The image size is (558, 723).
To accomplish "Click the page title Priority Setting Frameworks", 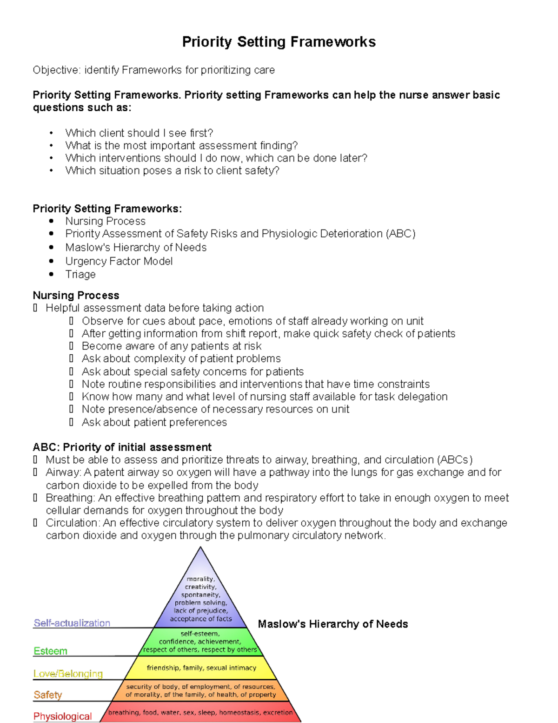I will (x=279, y=42).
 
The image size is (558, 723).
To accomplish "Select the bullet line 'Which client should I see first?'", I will (x=139, y=133).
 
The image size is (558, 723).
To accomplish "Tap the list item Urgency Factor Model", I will (x=119, y=261).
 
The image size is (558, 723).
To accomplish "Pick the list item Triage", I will (x=80, y=274).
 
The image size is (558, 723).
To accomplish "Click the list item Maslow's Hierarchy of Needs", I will (x=136, y=248).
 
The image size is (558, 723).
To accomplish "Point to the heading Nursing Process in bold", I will (x=76, y=296).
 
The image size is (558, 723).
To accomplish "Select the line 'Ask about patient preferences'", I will (x=154, y=422).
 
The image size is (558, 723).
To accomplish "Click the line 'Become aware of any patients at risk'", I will (x=171, y=346).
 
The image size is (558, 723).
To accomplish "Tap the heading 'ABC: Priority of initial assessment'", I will (x=122, y=447).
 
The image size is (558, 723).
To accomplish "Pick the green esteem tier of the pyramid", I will (x=200, y=642).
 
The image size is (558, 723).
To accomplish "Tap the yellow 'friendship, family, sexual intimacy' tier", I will (x=201, y=668).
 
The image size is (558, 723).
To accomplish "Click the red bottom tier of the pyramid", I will (x=200, y=713).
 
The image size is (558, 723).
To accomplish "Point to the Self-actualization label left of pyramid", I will (x=72, y=623).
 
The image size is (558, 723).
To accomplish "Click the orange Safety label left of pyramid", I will (x=47, y=695).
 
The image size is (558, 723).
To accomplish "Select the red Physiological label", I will (x=62, y=716).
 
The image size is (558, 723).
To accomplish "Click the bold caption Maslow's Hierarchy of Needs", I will (x=332, y=624).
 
